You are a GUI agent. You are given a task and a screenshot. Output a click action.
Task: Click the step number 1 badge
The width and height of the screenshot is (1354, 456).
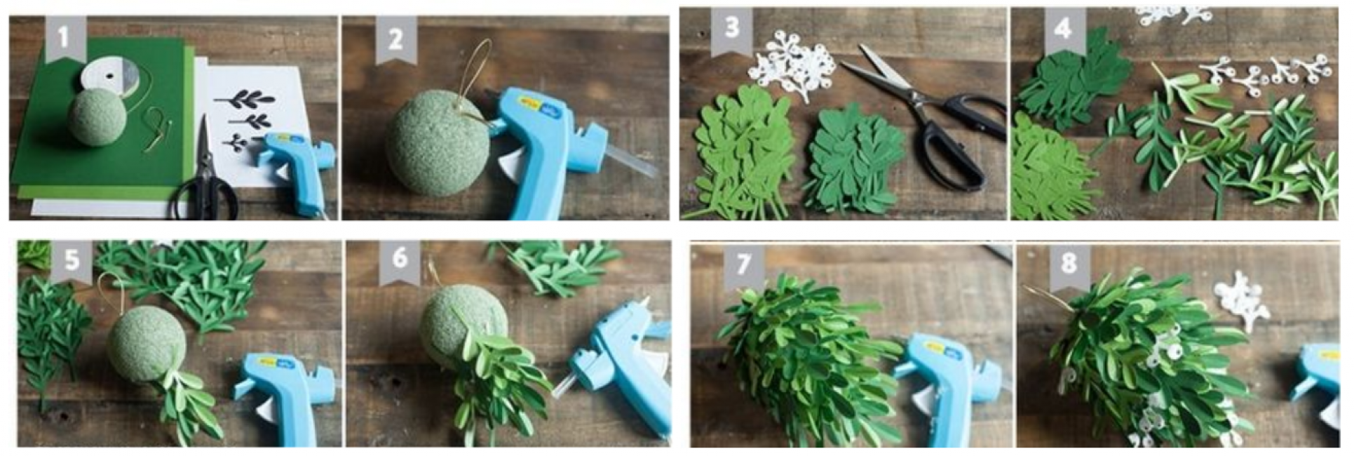click(65, 39)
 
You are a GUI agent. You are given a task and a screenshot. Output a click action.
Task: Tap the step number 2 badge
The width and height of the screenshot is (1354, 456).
click(395, 40)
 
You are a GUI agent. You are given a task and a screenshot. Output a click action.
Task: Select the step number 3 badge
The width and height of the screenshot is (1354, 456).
click(731, 30)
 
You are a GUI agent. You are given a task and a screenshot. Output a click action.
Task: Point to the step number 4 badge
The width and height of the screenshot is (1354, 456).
click(1063, 30)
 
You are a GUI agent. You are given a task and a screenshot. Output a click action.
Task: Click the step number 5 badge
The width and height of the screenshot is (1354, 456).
click(72, 261)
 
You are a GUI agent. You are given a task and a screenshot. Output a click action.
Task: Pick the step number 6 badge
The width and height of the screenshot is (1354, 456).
click(400, 261)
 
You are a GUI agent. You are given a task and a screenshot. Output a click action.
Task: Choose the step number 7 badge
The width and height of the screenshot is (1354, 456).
click(743, 265)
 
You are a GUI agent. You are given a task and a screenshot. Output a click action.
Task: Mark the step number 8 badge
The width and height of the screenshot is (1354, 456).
click(1069, 265)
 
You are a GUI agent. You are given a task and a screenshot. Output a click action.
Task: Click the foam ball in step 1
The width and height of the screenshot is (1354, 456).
click(97, 117)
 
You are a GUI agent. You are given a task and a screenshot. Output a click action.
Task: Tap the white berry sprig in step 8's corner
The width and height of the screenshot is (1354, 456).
click(1242, 300)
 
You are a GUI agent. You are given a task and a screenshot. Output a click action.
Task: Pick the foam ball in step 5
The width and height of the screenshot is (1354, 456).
click(146, 344)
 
